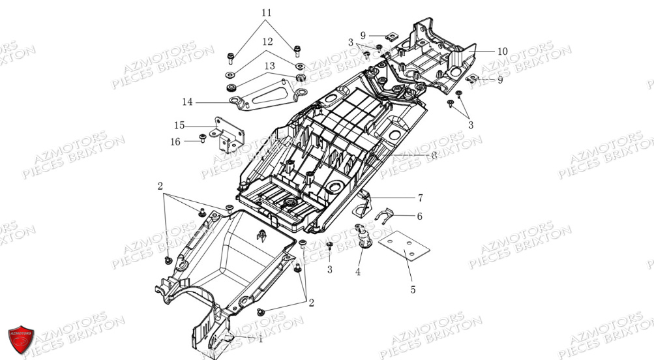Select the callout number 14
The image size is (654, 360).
[x=188, y=102]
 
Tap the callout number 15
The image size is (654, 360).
[x=179, y=125]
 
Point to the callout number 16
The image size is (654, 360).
[x=175, y=140]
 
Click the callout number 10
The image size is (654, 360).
[x=502, y=51]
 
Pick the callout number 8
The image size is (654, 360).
[x=434, y=155]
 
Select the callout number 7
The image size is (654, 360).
[x=421, y=196]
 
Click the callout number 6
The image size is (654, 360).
[x=419, y=216]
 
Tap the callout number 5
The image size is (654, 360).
[x=413, y=290]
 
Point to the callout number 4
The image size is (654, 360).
[x=358, y=272]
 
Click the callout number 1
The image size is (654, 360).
[x=260, y=338]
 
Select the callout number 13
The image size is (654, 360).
[x=269, y=66]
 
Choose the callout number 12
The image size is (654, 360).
[x=267, y=42]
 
